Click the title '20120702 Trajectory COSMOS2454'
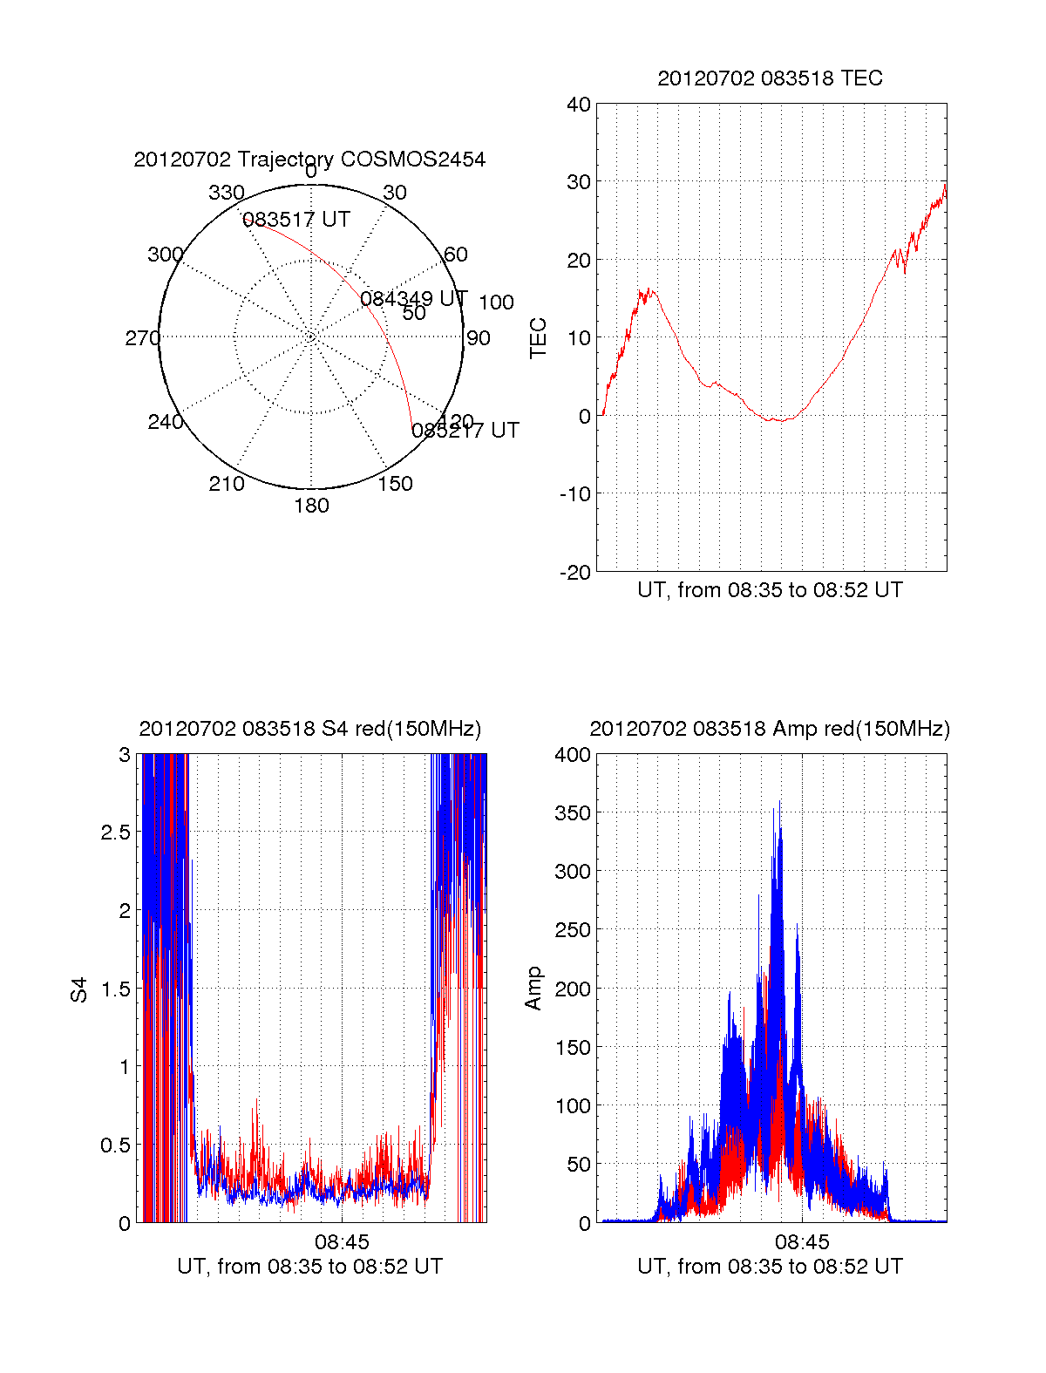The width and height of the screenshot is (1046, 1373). point(309,160)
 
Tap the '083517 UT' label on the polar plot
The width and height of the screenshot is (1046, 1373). point(296,220)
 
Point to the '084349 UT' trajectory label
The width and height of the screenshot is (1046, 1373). point(414,299)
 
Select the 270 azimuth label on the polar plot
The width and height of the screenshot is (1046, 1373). point(142,338)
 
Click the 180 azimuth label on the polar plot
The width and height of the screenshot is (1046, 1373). point(311,506)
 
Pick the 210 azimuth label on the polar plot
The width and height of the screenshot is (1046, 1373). point(227,484)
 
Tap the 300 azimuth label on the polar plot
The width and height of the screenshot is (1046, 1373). point(165,255)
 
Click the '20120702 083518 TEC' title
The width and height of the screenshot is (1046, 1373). point(770,78)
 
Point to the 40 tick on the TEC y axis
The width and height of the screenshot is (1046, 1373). point(579,105)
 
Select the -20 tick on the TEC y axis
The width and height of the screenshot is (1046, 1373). point(575,572)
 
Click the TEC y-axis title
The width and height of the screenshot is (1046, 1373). point(539,338)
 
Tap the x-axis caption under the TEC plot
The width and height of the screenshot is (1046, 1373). point(770,590)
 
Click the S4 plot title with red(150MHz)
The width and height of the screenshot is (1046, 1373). point(309,729)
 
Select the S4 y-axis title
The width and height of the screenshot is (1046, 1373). point(79,989)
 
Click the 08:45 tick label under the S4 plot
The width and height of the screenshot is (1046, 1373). point(342,1241)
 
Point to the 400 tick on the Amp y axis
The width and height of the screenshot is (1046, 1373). point(573,755)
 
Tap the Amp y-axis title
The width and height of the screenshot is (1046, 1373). point(533,989)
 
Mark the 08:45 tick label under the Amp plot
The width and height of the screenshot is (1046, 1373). point(802,1241)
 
